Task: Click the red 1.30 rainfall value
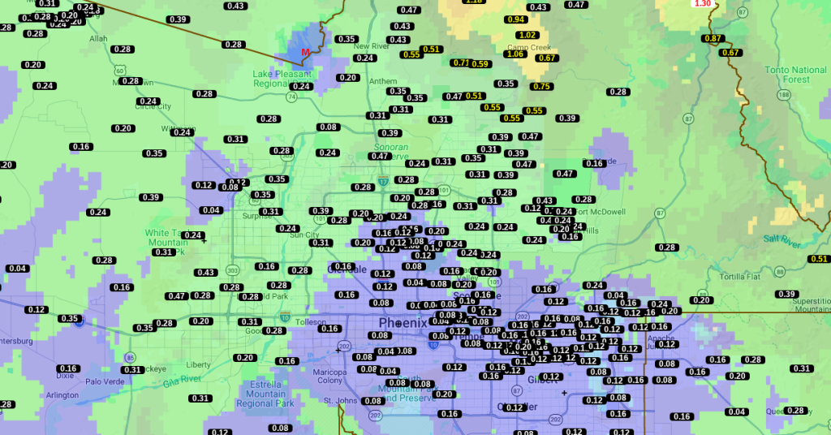[703, 4]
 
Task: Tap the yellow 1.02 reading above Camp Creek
[527, 35]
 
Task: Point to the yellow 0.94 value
[515, 19]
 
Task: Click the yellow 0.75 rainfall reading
[540, 86]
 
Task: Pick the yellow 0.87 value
[713, 38]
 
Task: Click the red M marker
[306, 53]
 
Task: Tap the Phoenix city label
[403, 322]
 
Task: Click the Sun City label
[305, 235]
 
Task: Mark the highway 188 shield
[783, 95]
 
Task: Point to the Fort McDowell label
[599, 212]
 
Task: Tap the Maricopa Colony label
[330, 375]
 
